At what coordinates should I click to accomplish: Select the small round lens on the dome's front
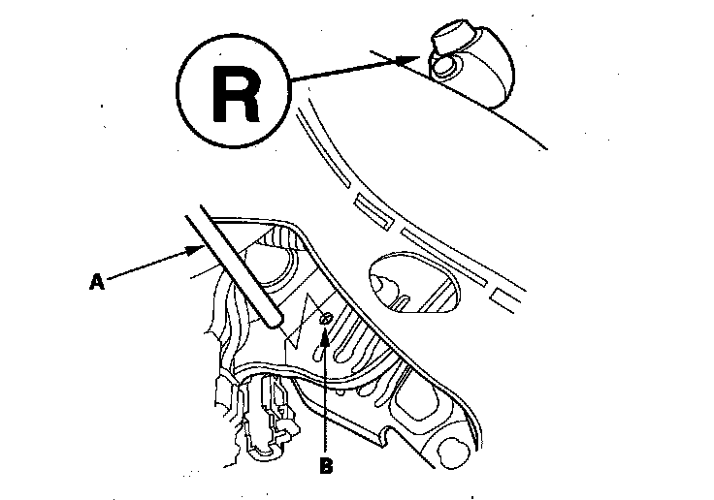point(445,66)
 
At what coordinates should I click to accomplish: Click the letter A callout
point(96,283)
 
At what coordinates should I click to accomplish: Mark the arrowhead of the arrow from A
point(198,250)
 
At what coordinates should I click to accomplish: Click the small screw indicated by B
point(327,317)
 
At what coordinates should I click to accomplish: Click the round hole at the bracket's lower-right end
point(453,450)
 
